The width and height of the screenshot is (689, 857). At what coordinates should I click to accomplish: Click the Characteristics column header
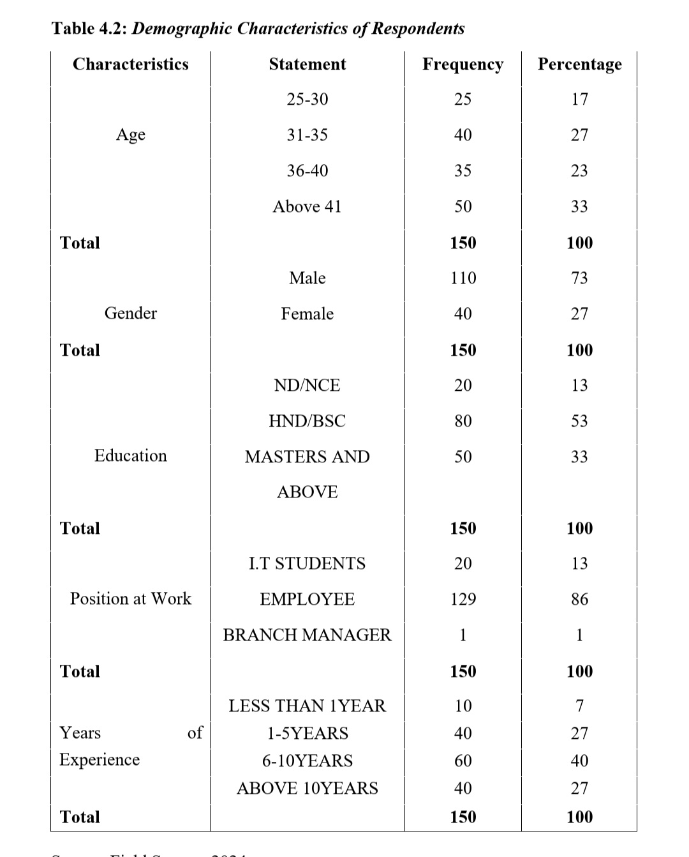pyautogui.click(x=130, y=64)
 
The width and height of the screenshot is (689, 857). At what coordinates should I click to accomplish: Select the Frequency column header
pyautogui.click(x=463, y=64)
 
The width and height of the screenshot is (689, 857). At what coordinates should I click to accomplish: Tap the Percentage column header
pyautogui.click(x=579, y=64)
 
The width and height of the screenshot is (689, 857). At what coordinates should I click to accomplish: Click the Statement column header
pyautogui.click(x=307, y=64)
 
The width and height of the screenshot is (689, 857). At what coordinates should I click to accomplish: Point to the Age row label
pyautogui.click(x=130, y=135)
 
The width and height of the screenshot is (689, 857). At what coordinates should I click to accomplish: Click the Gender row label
pyautogui.click(x=130, y=313)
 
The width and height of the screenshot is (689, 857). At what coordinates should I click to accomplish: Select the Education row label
pyautogui.click(x=130, y=455)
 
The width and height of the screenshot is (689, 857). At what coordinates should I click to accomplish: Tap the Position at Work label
pyautogui.click(x=130, y=598)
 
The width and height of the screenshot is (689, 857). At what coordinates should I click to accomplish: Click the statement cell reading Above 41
pyautogui.click(x=307, y=206)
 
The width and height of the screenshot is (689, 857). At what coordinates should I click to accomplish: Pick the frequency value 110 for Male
pyautogui.click(x=463, y=278)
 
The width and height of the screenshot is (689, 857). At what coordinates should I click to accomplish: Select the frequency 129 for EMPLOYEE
pyautogui.click(x=463, y=599)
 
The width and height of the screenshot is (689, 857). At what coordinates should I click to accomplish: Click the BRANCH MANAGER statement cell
pyautogui.click(x=307, y=635)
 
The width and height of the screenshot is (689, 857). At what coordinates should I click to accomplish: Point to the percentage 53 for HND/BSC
pyautogui.click(x=579, y=421)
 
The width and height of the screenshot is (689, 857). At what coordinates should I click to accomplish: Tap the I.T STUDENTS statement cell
pyautogui.click(x=307, y=563)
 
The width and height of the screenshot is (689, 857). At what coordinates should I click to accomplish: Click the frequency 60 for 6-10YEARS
pyautogui.click(x=463, y=761)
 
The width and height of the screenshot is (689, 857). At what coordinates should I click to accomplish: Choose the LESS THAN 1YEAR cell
pyautogui.click(x=307, y=706)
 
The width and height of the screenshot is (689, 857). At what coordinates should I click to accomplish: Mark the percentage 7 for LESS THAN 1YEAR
pyautogui.click(x=579, y=706)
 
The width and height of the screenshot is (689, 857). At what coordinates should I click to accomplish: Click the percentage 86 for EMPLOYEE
pyautogui.click(x=579, y=599)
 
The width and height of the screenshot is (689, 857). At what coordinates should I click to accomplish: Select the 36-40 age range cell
pyautogui.click(x=307, y=171)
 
